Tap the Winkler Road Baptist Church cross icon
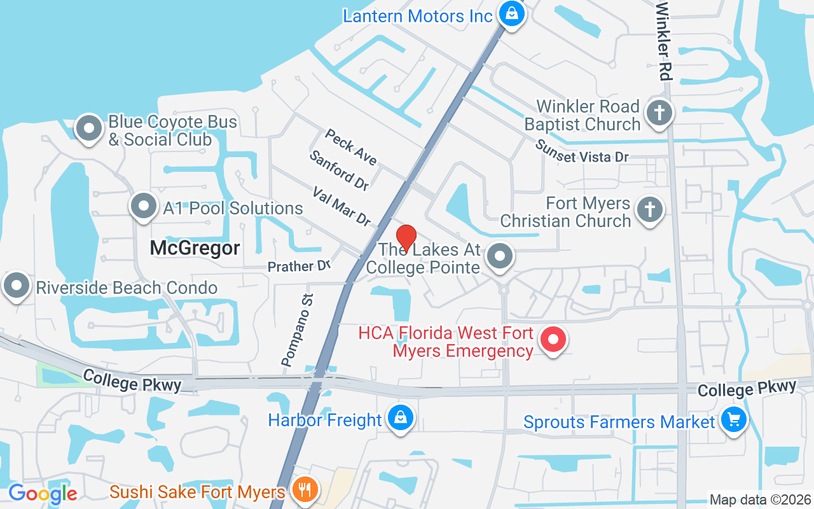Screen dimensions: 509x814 (659, 115)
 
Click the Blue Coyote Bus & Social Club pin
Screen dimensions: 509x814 (89, 129)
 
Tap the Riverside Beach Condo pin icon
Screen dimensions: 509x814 (17, 286)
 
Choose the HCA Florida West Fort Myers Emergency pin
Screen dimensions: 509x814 (553, 340)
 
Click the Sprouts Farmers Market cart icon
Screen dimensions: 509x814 (734, 421)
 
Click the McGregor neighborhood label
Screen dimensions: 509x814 (195, 248)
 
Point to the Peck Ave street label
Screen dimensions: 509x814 (351, 147)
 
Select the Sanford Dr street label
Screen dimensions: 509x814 (339, 171)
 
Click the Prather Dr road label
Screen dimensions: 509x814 (299, 266)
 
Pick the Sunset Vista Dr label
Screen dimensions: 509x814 (581, 151)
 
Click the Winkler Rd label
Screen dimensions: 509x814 (663, 40)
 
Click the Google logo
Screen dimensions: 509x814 (43, 493)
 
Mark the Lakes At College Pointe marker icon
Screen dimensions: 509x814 (500, 257)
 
